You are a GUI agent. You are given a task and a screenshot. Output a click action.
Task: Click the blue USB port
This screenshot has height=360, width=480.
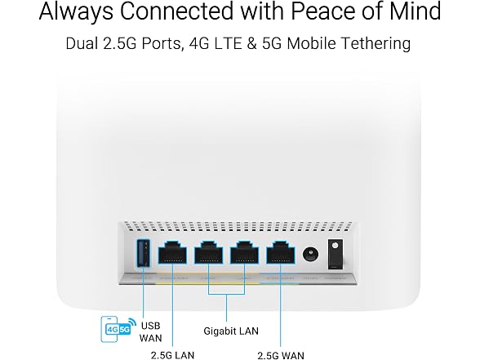click(143, 253)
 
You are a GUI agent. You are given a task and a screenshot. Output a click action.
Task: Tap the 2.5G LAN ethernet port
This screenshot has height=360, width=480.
click(172, 252)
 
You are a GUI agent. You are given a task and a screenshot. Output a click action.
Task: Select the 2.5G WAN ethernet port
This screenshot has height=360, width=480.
click(281, 252)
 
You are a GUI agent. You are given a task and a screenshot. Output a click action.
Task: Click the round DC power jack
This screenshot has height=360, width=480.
click(310, 255)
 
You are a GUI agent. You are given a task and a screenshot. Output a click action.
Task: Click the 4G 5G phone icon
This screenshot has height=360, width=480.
click(118, 329)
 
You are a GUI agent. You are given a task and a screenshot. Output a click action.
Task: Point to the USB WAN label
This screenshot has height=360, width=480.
click(150, 331)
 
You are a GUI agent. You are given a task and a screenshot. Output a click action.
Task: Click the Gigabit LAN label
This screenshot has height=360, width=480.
click(231, 331)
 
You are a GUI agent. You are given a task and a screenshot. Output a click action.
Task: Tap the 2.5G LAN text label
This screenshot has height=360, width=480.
click(173, 355)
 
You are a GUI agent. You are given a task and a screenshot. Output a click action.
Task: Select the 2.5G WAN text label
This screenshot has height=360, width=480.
click(281, 355)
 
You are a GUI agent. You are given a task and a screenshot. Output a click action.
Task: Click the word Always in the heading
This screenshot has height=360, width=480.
click(76, 11)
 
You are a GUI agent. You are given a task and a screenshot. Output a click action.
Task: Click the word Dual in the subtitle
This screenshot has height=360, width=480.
click(82, 43)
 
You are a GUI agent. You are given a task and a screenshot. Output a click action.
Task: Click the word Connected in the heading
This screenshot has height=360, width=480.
click(177, 11)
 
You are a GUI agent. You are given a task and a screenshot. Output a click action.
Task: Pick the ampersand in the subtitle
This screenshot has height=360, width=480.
click(251, 43)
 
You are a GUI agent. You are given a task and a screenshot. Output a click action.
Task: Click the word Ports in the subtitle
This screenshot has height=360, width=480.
click(163, 44)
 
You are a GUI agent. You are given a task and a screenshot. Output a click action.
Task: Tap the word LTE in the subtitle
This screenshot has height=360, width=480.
click(228, 43)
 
